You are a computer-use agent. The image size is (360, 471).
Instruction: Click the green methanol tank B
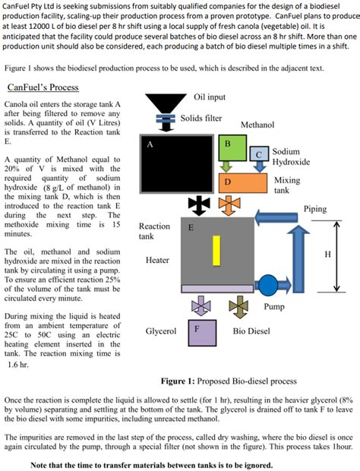227,144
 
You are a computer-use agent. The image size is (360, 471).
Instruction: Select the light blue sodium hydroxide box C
259,155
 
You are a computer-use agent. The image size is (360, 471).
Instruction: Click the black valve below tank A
199,205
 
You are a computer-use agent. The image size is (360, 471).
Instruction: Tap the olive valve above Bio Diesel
238,308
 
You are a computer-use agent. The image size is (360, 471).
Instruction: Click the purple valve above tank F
201,308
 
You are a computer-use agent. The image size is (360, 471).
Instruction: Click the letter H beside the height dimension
328,254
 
